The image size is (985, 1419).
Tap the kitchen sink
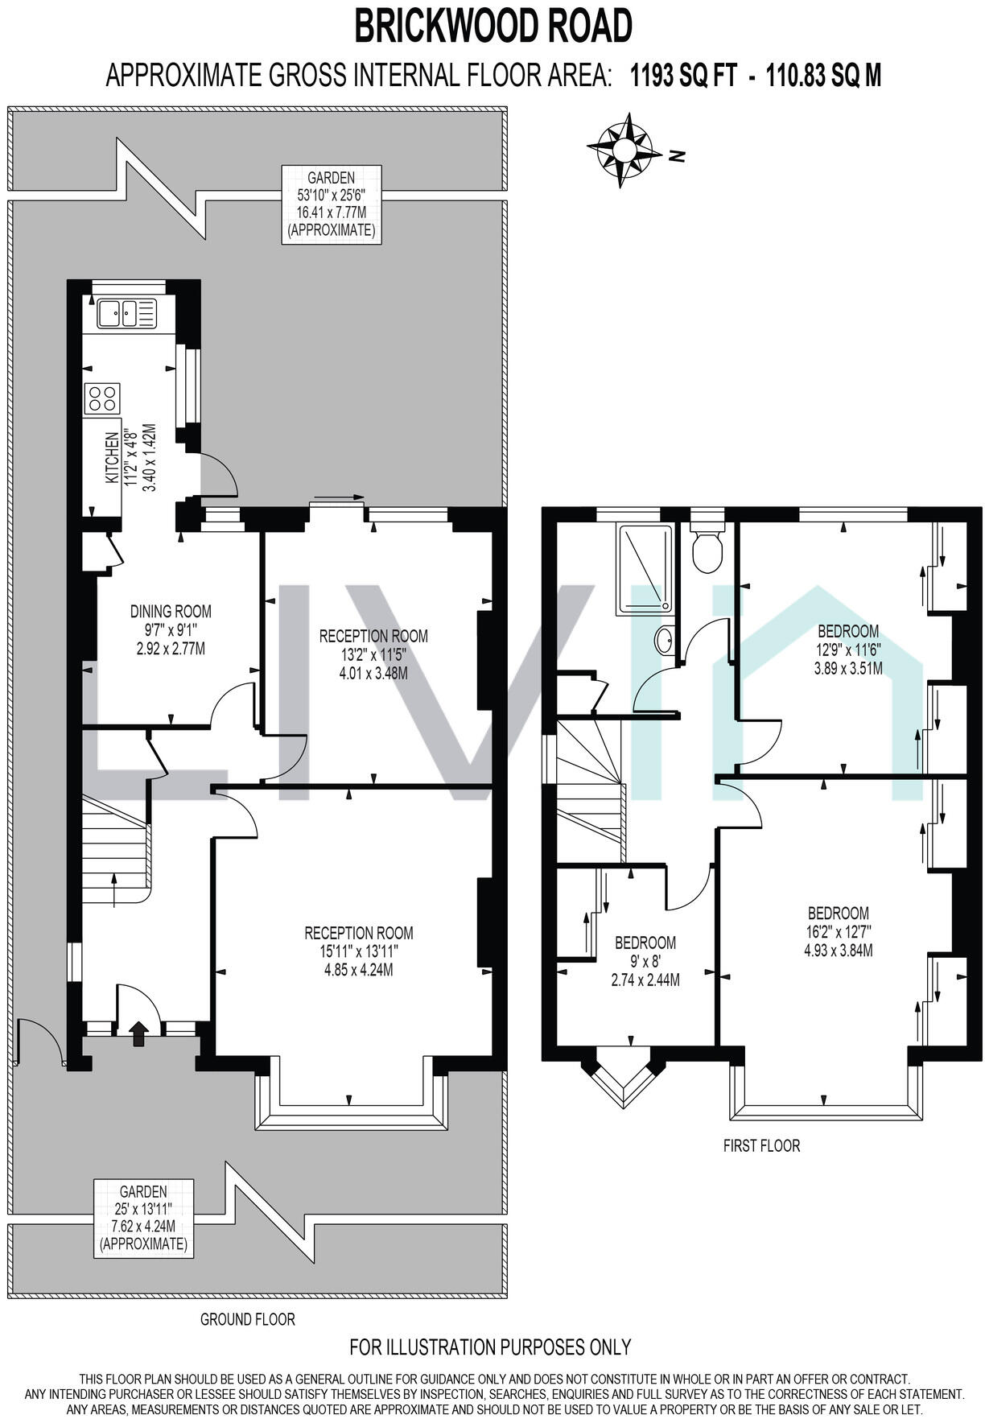126,313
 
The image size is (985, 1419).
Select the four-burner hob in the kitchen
102,398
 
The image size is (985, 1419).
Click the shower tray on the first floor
645,569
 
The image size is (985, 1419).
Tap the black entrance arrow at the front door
139,1033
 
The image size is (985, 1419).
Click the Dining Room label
171,629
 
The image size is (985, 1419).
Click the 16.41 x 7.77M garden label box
331,204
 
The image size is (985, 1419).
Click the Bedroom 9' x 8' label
645,960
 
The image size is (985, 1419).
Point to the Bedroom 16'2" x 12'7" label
838,931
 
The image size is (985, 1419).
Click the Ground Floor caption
248,1319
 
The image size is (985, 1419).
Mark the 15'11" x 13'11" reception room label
359,951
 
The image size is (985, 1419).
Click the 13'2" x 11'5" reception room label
373,654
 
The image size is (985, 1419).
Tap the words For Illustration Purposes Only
490,1347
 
